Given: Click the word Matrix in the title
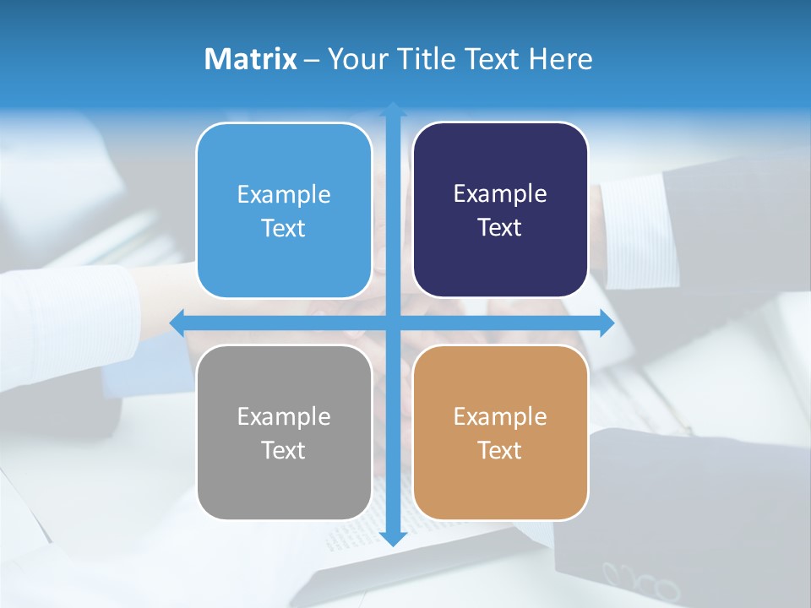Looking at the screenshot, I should tap(250, 59).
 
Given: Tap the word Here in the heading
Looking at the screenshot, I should tap(560, 59).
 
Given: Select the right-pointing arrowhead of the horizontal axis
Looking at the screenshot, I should tap(607, 323).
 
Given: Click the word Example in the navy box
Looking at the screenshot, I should tap(500, 194).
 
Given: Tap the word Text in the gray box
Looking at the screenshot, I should tap(283, 450).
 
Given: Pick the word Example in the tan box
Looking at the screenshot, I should tap(500, 416).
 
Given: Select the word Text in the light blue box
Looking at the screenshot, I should tap(283, 228).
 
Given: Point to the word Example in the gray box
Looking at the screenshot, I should tap(283, 416).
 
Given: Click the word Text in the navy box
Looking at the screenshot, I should tap(500, 228).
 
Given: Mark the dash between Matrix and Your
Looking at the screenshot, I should tap(312, 60).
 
